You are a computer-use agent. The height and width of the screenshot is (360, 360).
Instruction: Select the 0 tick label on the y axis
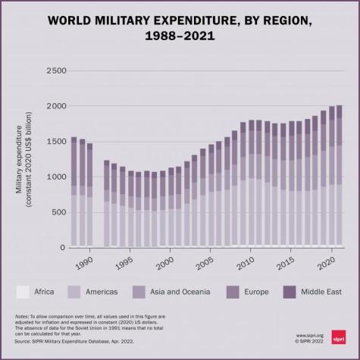[62, 248]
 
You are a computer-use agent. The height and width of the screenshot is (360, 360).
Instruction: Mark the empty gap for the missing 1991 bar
[99, 205]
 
